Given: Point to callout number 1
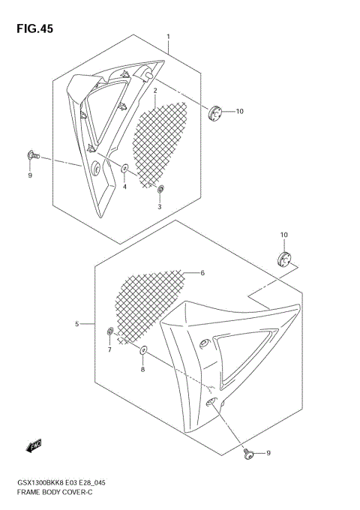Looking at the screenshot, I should pos(168,37).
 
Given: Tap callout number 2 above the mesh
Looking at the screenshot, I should pos(155,91).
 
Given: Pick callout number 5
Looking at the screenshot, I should pos(77,324).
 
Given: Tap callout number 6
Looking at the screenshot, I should pos(202,274).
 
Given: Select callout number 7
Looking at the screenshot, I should pos(109,350).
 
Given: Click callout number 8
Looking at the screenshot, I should pos(143,369).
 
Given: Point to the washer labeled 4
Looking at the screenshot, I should pos(124,170).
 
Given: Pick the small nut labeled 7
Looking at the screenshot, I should pos(111,331).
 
